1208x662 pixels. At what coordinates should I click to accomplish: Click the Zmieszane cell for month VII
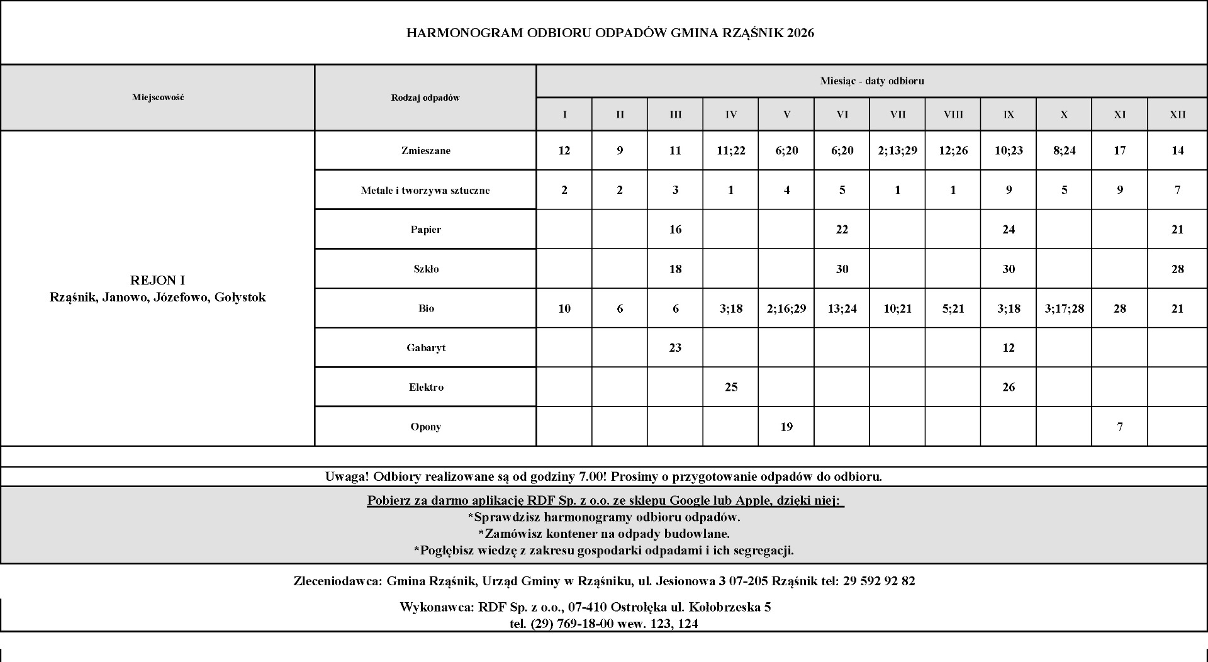pos(897,150)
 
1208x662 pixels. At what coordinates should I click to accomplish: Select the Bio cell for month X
pos(1064,308)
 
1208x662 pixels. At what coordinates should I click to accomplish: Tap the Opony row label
pos(425,427)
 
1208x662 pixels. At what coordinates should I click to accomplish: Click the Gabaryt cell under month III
pos(675,347)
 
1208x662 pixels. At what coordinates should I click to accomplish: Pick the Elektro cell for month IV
pos(730,387)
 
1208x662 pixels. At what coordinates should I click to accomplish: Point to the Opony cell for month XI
pos(1119,427)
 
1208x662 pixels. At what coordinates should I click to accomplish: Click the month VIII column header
pos(953,115)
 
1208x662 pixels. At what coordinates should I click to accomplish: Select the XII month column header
pos(1177,115)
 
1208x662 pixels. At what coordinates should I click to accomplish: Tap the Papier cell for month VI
pos(842,230)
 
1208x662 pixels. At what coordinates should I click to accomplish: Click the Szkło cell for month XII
pos(1177,269)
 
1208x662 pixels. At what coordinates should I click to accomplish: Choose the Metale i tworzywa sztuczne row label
pos(425,190)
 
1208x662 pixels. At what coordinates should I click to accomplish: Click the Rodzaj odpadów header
pos(425,98)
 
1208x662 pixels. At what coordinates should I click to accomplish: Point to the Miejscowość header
pos(158,98)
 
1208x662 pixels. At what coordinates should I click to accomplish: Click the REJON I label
pos(157,280)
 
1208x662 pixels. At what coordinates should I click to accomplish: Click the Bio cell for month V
pos(786,308)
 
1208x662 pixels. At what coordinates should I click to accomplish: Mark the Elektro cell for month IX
pos(1008,387)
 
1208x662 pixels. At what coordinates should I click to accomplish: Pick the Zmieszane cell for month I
pos(564,150)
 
